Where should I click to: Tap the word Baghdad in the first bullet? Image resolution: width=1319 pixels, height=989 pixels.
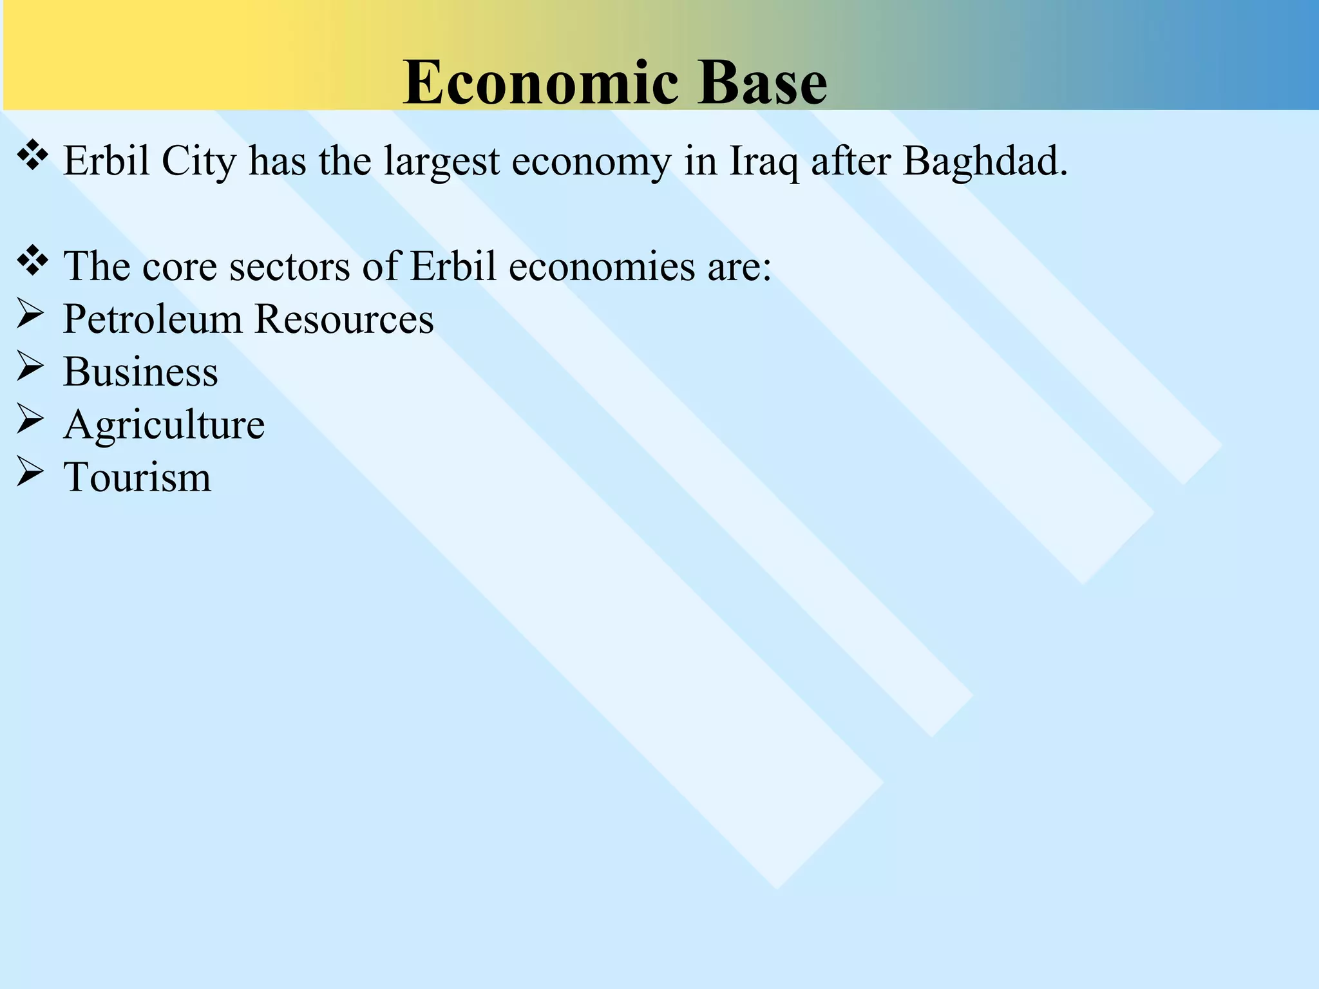coord(985,161)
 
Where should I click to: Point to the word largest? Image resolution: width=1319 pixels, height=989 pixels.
coord(441,161)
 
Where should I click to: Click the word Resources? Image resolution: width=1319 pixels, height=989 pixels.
coord(344,319)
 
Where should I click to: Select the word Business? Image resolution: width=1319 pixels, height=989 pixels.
coord(140,372)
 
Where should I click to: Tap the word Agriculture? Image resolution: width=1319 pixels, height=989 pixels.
coord(164,425)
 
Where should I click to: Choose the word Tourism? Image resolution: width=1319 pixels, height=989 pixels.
coord(137,477)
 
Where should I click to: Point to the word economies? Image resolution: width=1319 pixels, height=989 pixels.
coord(602,266)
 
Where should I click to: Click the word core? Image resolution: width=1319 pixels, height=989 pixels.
coord(179,266)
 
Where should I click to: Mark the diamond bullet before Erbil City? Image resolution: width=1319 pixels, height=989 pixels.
coord(32,156)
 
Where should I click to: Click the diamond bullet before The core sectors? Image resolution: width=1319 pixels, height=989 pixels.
coord(32,261)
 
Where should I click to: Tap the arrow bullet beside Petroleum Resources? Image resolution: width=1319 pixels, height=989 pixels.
coord(30,316)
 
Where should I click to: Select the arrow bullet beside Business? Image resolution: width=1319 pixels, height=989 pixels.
coord(30,369)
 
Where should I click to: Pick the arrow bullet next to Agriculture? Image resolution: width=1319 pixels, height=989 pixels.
coord(30,422)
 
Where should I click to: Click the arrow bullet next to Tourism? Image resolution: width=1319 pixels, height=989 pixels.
coord(30,475)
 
